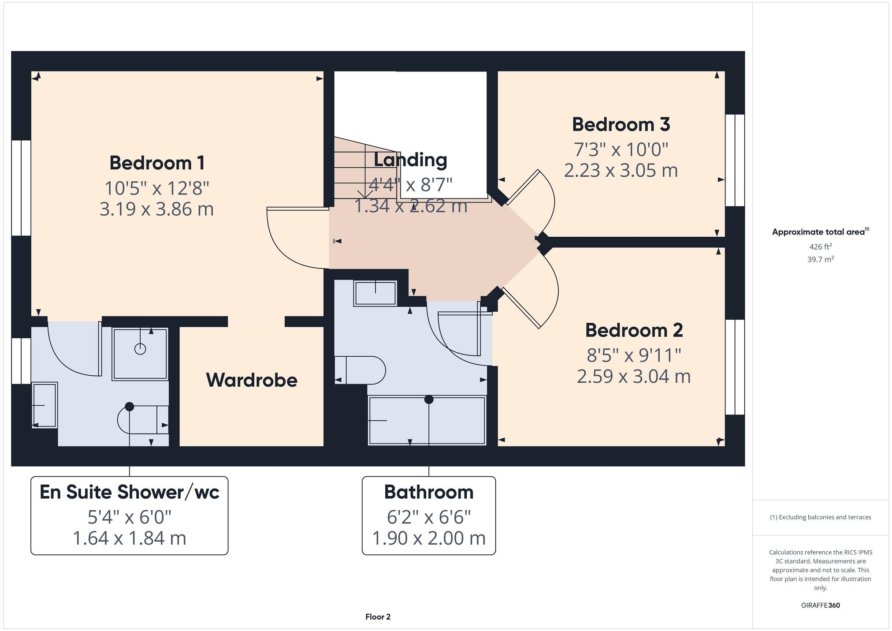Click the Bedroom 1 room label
(157, 163)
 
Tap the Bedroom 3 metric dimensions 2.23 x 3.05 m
(621, 171)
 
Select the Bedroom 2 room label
(634, 330)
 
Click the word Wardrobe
(252, 380)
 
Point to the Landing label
(410, 160)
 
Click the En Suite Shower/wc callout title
(129, 492)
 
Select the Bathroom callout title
(428, 492)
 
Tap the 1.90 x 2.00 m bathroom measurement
(428, 538)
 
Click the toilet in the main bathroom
(360, 370)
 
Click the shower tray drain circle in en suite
(140, 349)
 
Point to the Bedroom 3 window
(735, 160)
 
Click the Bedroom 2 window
(735, 367)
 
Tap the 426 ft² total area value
(820, 247)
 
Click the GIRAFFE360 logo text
(820, 605)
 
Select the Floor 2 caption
(378, 616)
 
